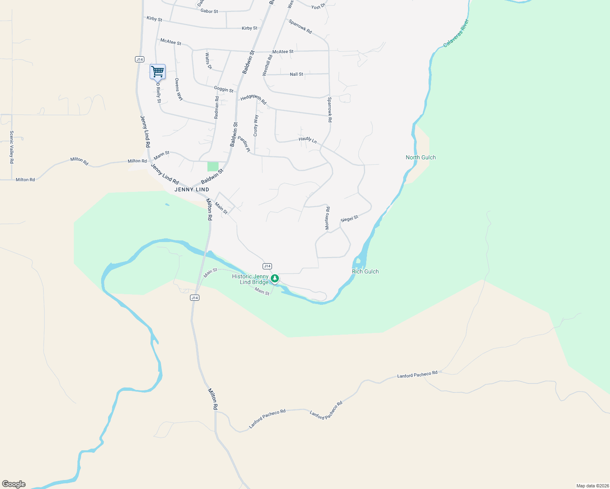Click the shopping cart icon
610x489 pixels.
(x=157, y=72)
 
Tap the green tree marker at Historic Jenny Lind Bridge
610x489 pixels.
(x=275, y=279)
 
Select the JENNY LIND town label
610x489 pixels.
(x=192, y=189)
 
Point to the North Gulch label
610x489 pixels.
(x=421, y=157)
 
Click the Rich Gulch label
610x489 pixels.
(x=365, y=271)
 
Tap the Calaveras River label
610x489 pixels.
(x=456, y=33)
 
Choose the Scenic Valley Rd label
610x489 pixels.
(x=12, y=147)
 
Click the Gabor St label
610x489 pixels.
(x=209, y=11)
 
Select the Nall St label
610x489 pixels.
(x=296, y=74)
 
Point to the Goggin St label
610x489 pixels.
(x=224, y=89)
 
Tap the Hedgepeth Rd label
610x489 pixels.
(x=253, y=99)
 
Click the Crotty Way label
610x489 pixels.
(x=256, y=126)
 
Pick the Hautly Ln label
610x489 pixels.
(x=308, y=140)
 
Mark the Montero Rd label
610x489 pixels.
(x=327, y=218)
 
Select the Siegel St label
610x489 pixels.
(x=349, y=218)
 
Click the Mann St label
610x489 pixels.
(x=161, y=155)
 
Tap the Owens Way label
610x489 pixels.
(x=179, y=89)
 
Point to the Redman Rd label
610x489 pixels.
(x=217, y=107)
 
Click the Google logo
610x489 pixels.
(x=14, y=484)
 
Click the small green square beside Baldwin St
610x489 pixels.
(x=213, y=166)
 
